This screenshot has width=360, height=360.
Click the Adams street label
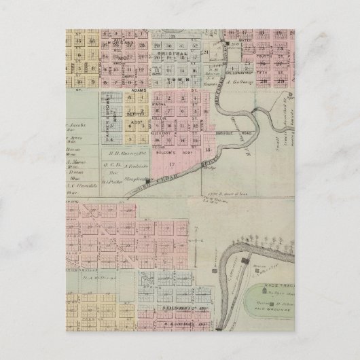click(x=178, y=88)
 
